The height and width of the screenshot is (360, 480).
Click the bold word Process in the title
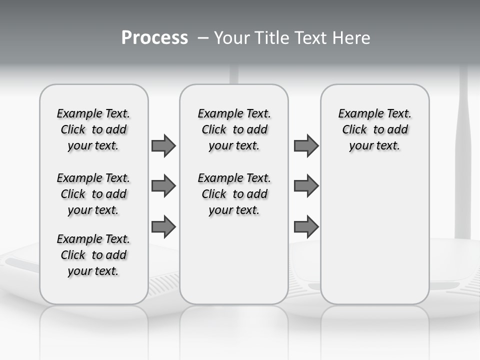click(154, 37)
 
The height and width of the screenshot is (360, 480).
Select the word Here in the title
click(351, 38)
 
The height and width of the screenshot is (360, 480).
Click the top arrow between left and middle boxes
click(163, 145)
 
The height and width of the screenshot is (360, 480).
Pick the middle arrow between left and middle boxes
click(163, 186)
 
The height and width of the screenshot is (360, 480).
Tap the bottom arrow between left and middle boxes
click(163, 227)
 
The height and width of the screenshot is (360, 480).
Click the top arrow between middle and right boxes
click(306, 145)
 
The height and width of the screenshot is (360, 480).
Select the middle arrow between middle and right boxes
click(306, 186)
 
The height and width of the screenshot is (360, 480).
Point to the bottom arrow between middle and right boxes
click(306, 227)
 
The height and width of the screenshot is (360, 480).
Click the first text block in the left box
click(93, 129)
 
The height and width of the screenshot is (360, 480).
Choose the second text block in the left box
click(93, 194)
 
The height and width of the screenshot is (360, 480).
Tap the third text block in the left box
click(93, 255)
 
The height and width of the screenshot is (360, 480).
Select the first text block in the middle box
click(234, 129)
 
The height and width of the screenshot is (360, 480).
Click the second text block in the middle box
click(234, 194)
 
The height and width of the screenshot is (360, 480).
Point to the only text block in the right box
click(374, 129)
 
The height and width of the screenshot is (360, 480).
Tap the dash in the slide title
click(203, 38)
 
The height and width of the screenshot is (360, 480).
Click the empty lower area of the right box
click(374, 240)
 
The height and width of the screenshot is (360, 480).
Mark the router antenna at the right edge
click(462, 150)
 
